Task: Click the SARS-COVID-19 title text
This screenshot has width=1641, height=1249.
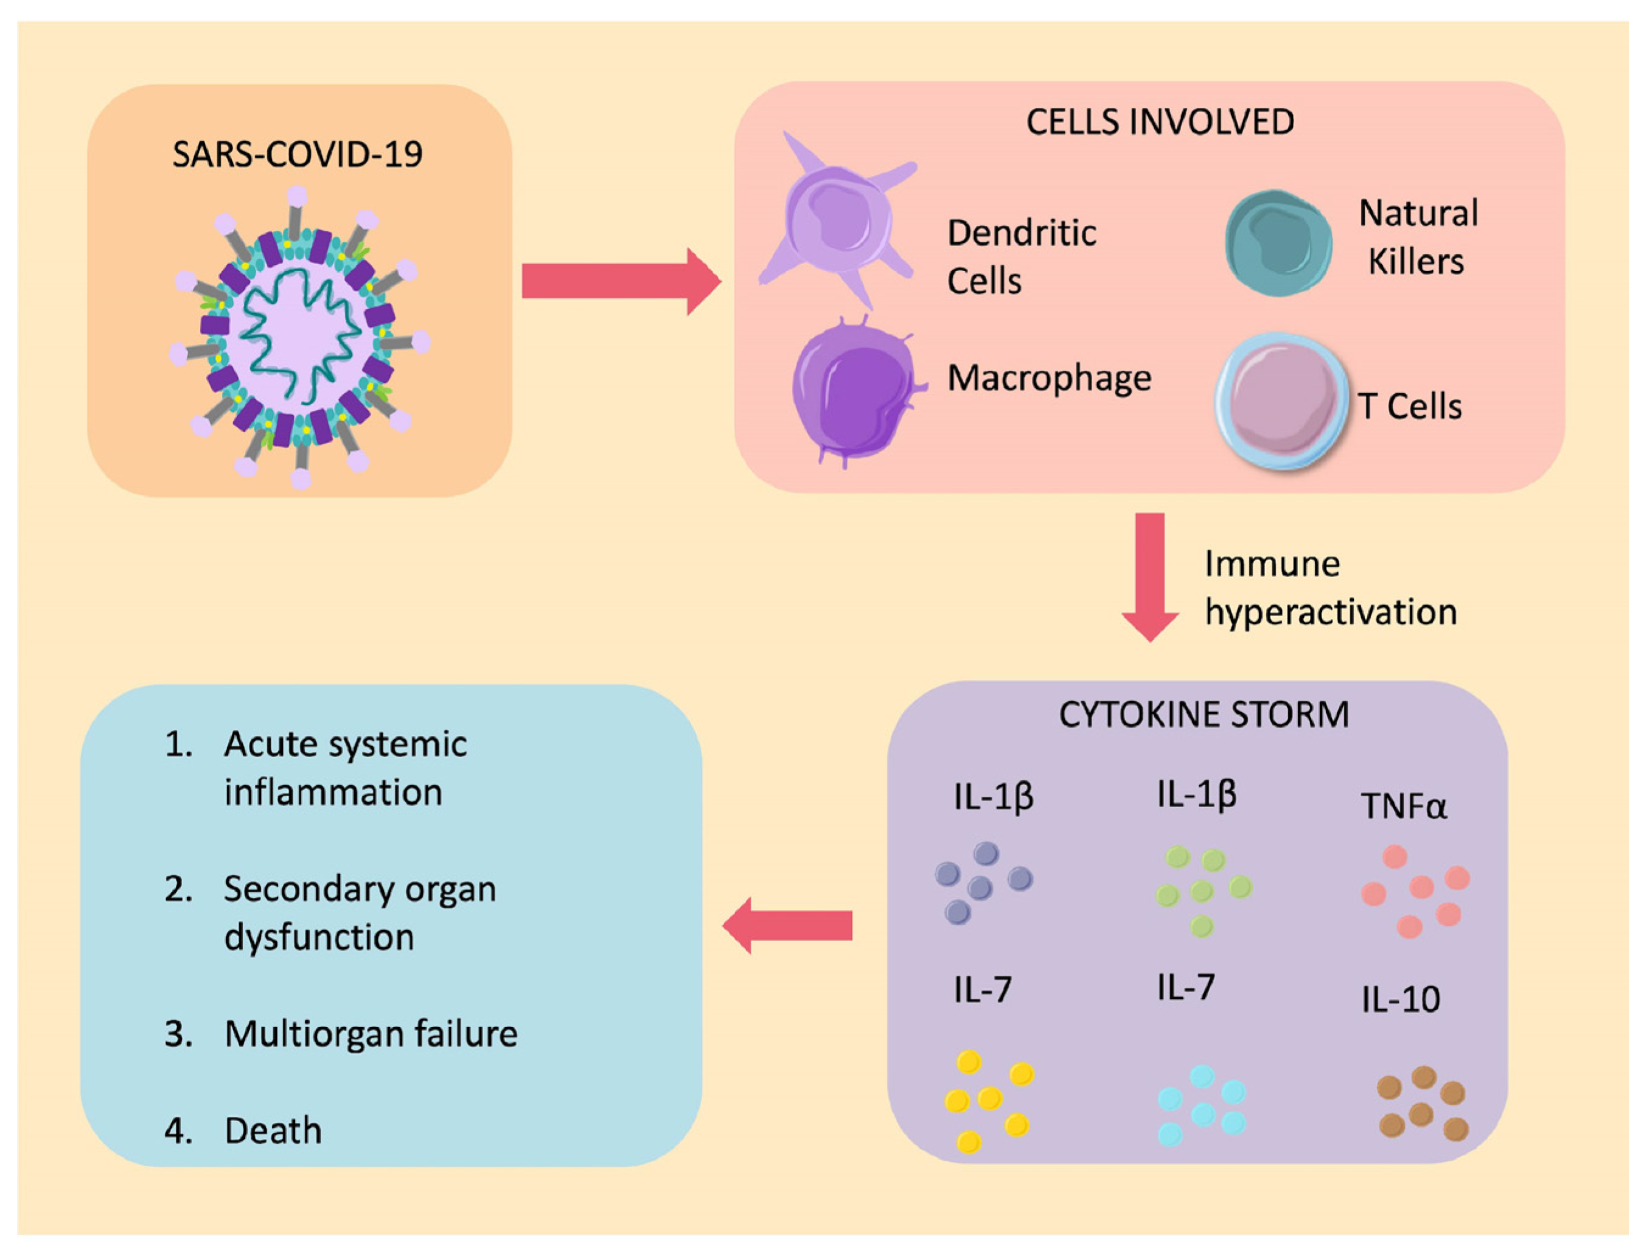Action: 298,155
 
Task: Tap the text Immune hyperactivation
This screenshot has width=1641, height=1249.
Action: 1329,588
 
